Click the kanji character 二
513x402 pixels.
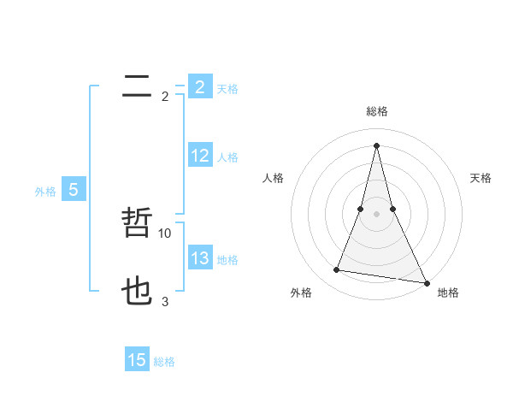click(x=137, y=86)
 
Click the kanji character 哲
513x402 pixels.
click(x=137, y=224)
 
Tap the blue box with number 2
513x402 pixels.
click(x=199, y=86)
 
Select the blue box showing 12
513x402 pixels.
click(x=199, y=156)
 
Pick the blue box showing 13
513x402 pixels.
click(x=199, y=258)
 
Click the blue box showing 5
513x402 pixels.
click(x=74, y=190)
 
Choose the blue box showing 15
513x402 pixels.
click(x=137, y=360)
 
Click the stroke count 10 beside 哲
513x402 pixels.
click(x=165, y=233)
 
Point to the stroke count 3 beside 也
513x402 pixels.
click(x=165, y=301)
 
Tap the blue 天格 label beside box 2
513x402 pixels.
click(x=227, y=89)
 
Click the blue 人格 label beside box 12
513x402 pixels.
click(x=227, y=158)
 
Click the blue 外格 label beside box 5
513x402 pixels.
click(x=45, y=192)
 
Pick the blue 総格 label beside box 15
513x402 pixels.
click(x=164, y=363)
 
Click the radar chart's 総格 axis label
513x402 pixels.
click(x=376, y=112)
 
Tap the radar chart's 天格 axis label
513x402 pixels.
click(x=481, y=178)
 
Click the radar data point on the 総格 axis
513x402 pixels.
click(x=376, y=145)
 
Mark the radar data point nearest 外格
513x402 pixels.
click(x=337, y=270)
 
